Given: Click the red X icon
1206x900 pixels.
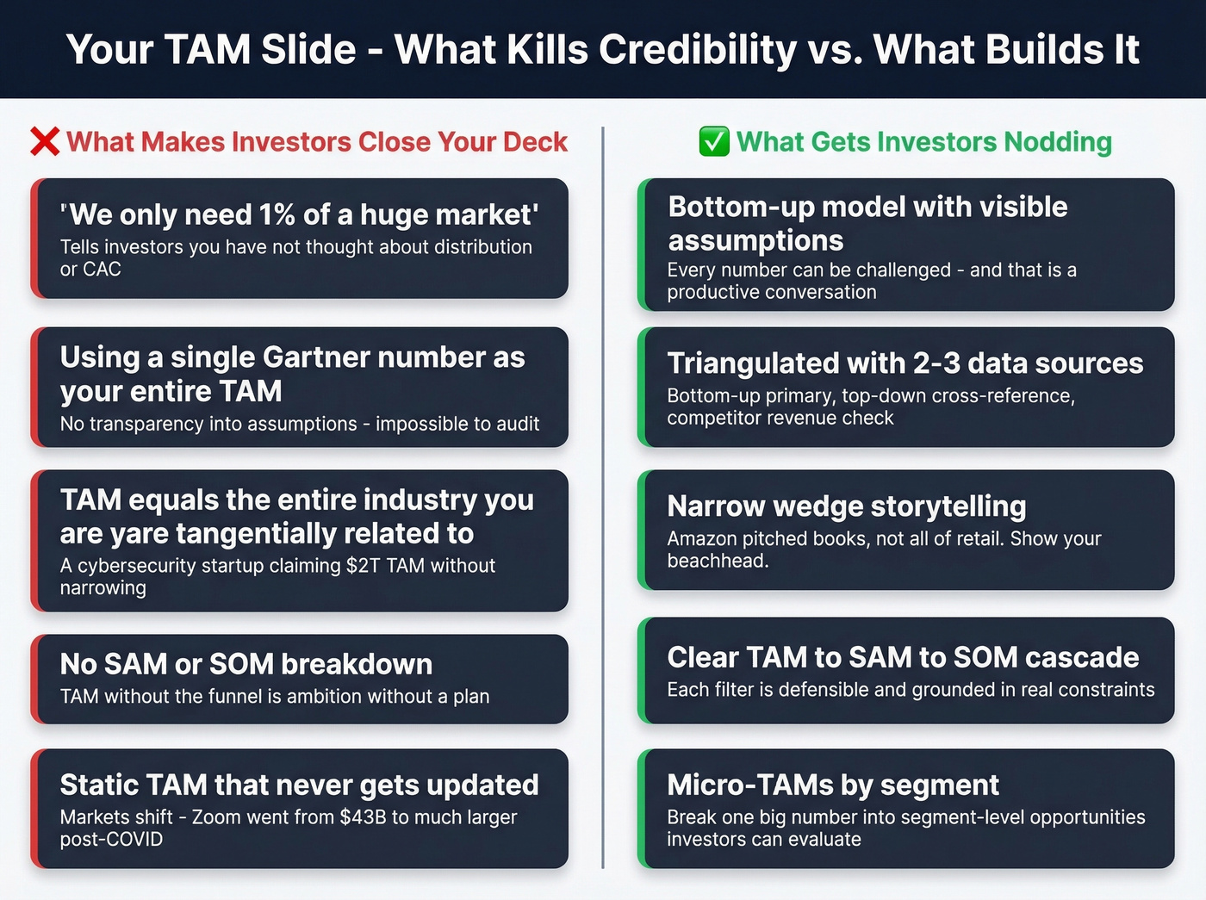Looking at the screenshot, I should click(45, 141).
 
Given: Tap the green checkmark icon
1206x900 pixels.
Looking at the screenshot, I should click(714, 141).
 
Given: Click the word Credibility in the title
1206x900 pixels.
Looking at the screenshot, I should click(698, 49).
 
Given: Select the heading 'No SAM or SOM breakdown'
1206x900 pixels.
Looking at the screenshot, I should click(246, 664).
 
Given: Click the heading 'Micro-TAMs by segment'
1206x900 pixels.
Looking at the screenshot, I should click(833, 785).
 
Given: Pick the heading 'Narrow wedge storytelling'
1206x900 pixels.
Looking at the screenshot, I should click(847, 506).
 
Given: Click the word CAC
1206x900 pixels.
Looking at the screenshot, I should click(103, 270).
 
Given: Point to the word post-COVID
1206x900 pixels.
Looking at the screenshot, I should click(111, 840).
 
